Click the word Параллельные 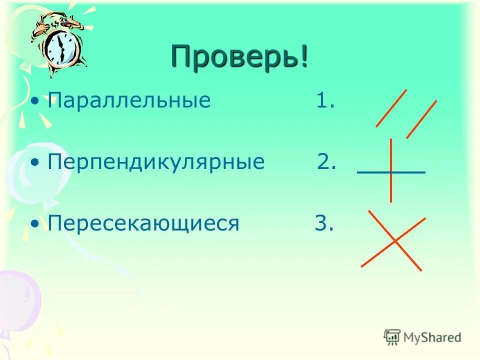pos(129,100)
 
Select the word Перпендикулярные pos(156,162)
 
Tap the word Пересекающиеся pos(144,223)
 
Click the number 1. pos(324,101)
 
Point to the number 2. pos(326,162)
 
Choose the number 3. pos(323,223)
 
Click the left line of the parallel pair pos(391,108)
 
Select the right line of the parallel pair pos(421,119)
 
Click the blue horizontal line pos(410,172)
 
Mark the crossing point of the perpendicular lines pos(391,172)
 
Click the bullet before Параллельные pos(34,101)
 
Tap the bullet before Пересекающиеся pos(34,224)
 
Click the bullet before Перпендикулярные pos(34,163)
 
